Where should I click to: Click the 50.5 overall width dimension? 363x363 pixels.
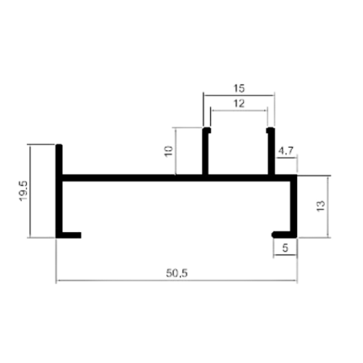(176, 273)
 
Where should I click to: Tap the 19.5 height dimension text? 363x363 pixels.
(24, 191)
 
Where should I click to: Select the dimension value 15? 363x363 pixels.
(239, 89)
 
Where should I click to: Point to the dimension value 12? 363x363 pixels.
(239, 104)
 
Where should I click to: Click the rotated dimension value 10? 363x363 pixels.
(169, 151)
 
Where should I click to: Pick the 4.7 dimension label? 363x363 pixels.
(286, 151)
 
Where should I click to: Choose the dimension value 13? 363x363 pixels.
(321, 206)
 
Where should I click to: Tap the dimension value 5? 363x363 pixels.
(285, 248)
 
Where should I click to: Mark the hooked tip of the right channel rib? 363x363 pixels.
(270, 130)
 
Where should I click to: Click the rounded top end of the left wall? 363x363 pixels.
(59, 146)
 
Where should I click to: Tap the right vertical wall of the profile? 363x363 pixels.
(294, 206)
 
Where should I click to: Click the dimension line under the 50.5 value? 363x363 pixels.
(176, 280)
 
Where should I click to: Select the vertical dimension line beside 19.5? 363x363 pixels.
(30, 191)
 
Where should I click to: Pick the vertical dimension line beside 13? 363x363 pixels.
(328, 207)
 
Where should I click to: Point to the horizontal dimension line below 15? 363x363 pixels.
(239, 95)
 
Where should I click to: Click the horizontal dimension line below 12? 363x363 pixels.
(239, 111)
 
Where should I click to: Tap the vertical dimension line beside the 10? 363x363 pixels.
(176, 151)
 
